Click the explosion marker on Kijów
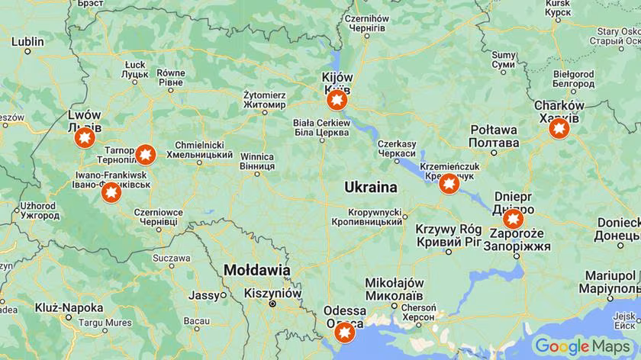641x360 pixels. click(x=337, y=101)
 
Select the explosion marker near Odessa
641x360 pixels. click(x=345, y=333)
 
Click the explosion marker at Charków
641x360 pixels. click(x=559, y=128)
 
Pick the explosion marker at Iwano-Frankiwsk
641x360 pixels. click(x=111, y=192)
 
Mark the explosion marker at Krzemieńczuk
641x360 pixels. click(x=449, y=184)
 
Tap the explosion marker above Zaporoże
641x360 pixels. click(x=514, y=219)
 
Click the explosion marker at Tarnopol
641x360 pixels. click(x=145, y=155)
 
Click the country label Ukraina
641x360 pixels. click(x=370, y=187)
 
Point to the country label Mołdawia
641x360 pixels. click(x=256, y=270)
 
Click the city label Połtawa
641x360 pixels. click(x=493, y=137)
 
